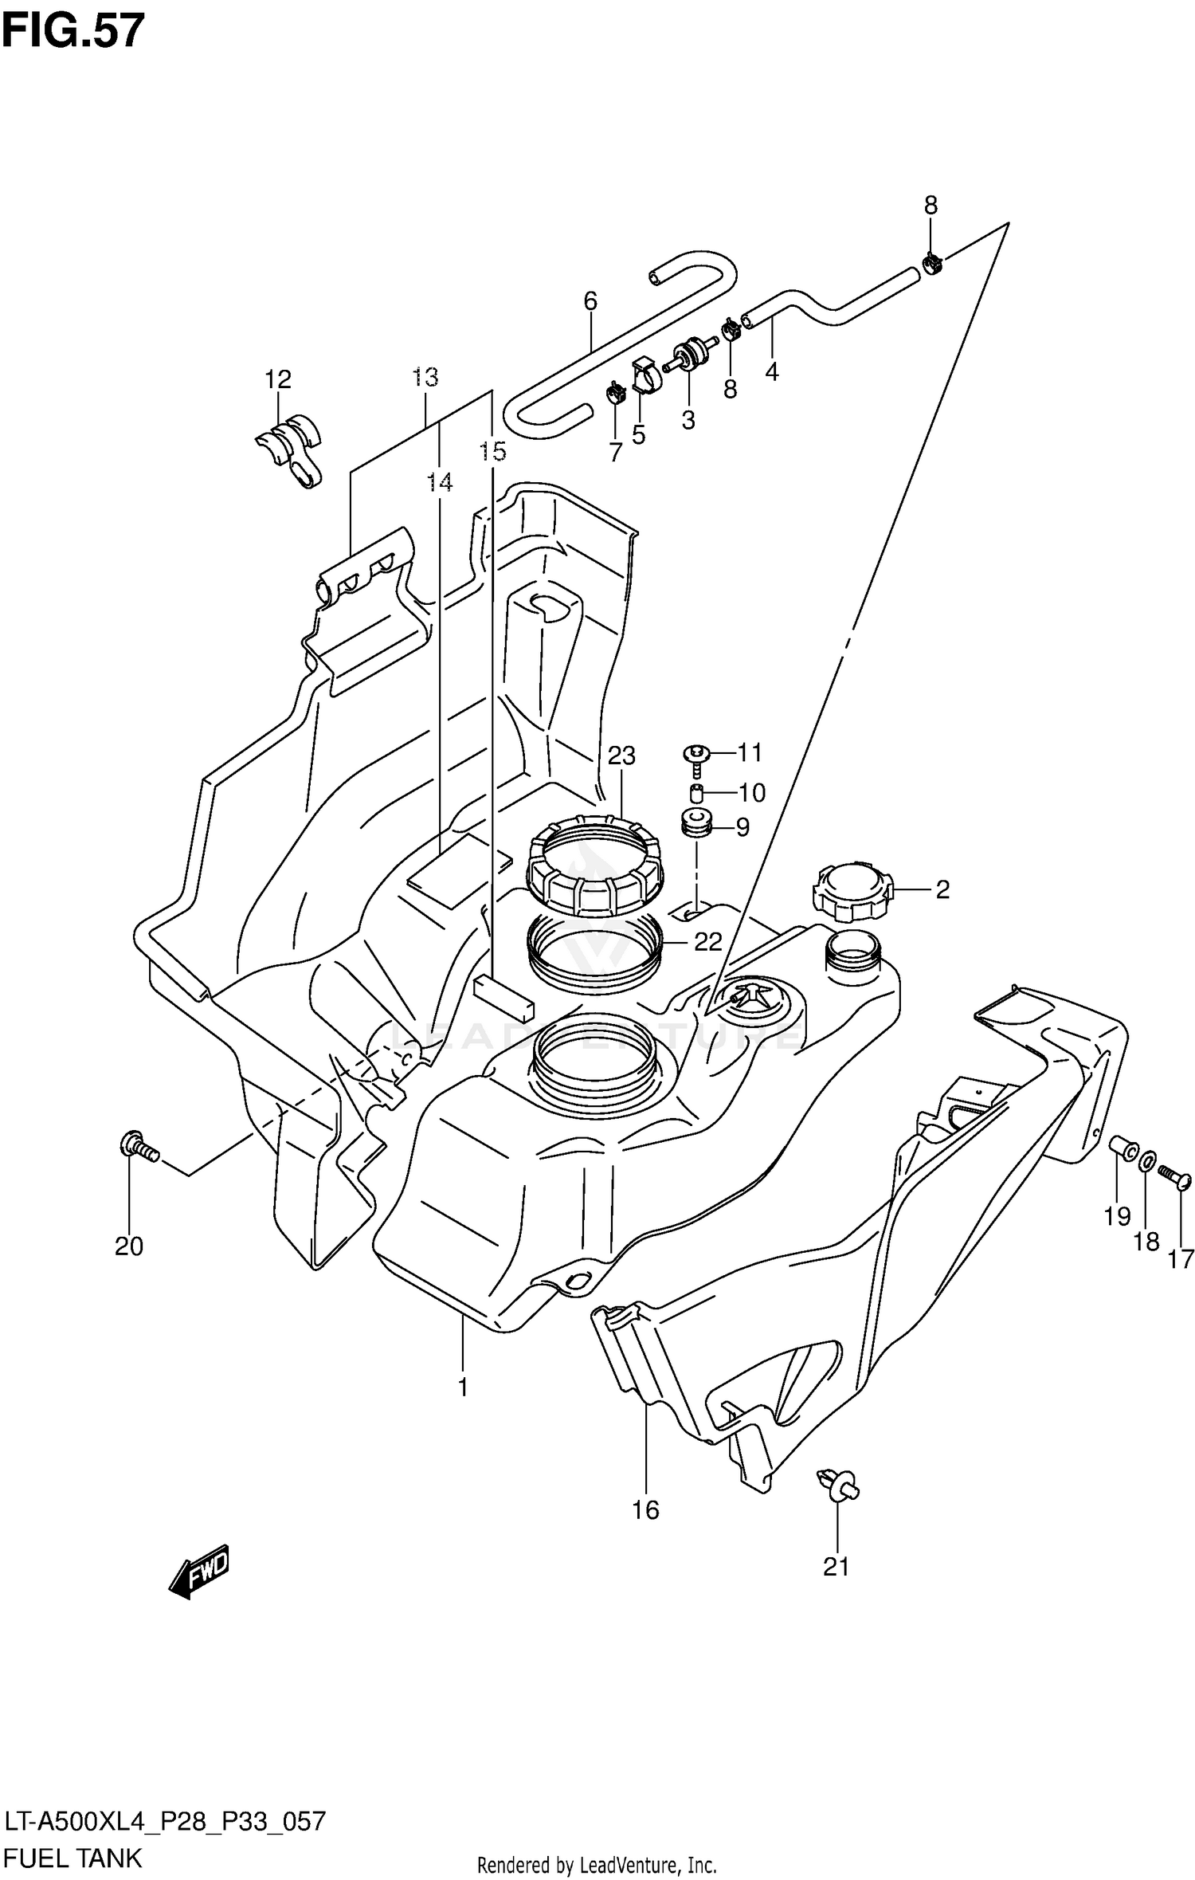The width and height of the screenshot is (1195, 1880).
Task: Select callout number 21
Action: tap(836, 1567)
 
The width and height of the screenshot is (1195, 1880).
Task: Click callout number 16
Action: tap(646, 1509)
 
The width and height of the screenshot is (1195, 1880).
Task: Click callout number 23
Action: tap(621, 755)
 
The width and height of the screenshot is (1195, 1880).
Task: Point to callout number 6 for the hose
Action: tap(590, 300)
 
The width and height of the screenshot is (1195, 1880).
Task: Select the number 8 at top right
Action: tap(931, 206)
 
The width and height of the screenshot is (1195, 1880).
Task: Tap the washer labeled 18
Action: tap(1145, 1164)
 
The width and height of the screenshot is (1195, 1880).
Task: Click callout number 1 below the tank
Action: tap(463, 1387)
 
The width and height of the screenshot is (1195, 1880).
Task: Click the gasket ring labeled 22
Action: tap(594, 949)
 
